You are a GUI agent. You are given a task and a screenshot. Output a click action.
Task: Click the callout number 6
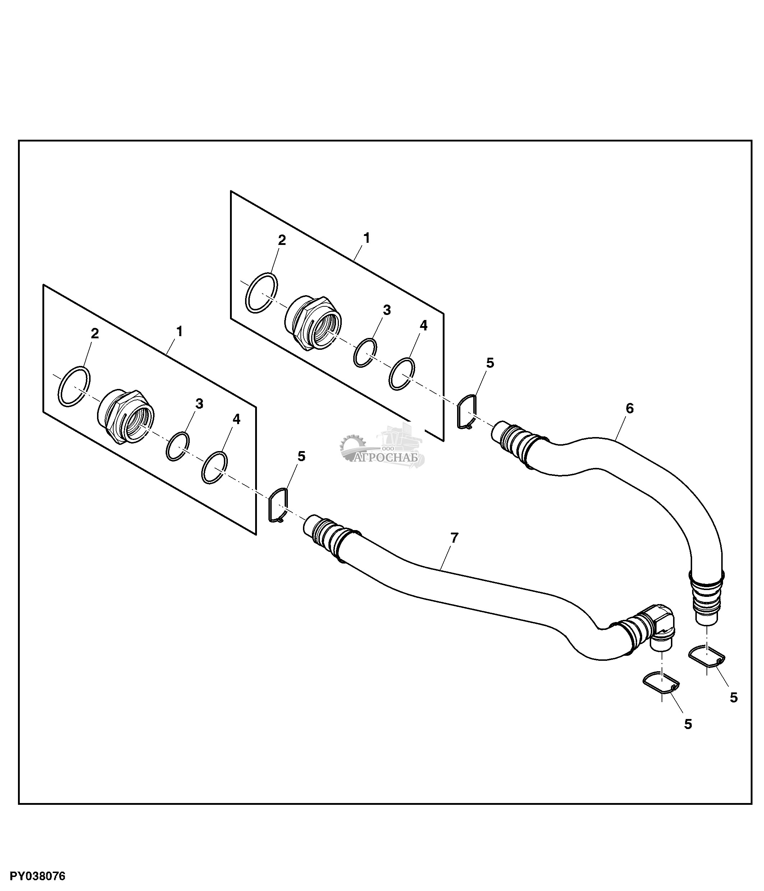(629, 408)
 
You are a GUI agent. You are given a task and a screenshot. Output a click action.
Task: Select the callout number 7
(455, 538)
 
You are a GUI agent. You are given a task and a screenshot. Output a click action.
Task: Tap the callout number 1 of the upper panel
(366, 238)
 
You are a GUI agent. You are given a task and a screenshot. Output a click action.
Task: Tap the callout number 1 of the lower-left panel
(179, 331)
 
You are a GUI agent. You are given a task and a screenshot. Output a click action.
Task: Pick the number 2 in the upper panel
(282, 240)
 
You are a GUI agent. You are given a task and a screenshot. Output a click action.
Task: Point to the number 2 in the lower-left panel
(95, 334)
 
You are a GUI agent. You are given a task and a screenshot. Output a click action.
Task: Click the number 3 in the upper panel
(387, 310)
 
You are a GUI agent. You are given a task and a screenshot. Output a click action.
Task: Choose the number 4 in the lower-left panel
(236, 419)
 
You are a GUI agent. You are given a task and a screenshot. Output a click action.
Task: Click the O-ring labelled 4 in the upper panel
(402, 374)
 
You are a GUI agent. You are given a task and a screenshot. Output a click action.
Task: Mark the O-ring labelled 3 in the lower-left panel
(178, 447)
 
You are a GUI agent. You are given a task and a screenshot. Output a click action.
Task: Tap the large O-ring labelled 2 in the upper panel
(262, 292)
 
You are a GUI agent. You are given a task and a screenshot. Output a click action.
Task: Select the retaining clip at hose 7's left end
(279, 506)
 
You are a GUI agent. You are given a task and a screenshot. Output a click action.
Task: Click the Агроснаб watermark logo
(382, 447)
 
